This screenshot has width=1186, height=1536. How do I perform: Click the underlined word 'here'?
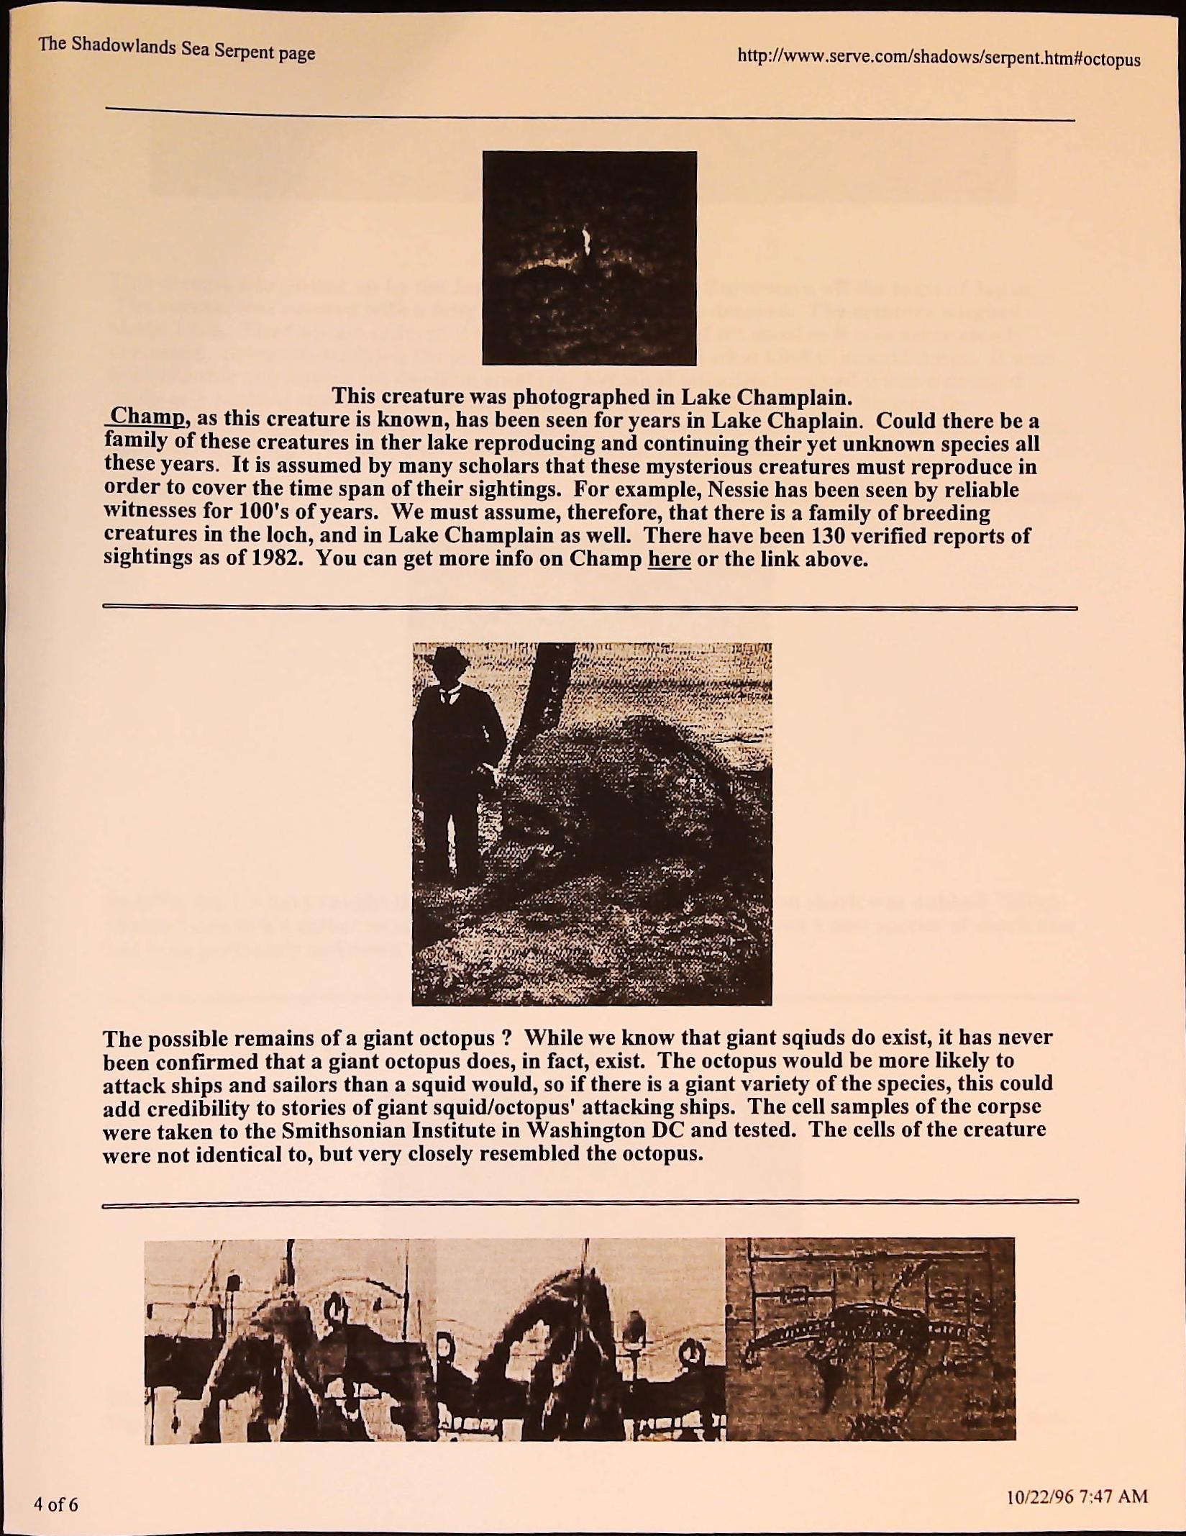(x=669, y=559)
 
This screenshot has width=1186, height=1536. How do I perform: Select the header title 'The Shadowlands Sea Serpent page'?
(x=177, y=49)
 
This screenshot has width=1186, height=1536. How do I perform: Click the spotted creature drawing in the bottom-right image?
(x=863, y=1325)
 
